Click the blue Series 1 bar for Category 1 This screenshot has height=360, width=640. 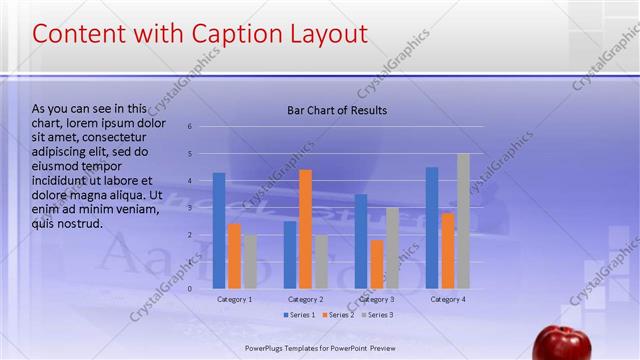coord(219,231)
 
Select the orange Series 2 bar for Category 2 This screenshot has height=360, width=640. coord(305,229)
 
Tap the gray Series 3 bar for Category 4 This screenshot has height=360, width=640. coord(463,221)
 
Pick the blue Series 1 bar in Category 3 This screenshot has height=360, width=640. coord(361,241)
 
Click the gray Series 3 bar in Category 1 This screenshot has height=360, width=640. coord(249,261)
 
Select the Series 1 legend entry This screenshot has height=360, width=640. coord(297,315)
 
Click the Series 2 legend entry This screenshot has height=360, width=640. coord(337,315)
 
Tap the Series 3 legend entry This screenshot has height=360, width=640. coord(376,315)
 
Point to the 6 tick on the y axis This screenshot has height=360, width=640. coord(190,127)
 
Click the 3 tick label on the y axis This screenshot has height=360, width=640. coord(190,208)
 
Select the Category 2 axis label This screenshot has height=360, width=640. coord(305,299)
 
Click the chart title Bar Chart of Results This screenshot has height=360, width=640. coord(337,110)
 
